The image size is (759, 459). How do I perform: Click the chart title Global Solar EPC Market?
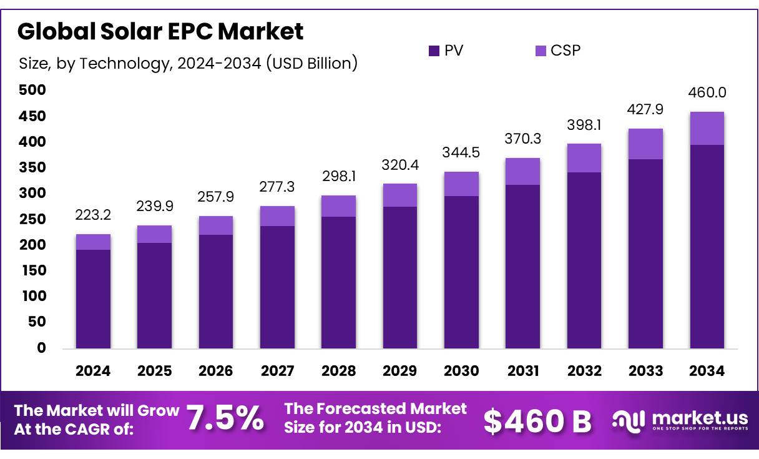pyautogui.click(x=160, y=31)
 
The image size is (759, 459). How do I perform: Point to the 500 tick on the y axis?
pyautogui.click(x=32, y=91)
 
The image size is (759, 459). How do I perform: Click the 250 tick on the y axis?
pyautogui.click(x=32, y=219)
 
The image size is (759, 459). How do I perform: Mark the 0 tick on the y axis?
pyautogui.click(x=41, y=348)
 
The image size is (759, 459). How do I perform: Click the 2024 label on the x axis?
pyautogui.click(x=93, y=371)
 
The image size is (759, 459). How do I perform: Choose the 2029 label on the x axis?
pyautogui.click(x=400, y=371)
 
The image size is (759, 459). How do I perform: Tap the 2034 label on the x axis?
pyautogui.click(x=707, y=371)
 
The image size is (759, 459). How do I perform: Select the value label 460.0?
pyautogui.click(x=707, y=93)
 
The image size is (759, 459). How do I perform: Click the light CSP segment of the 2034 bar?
pyautogui.click(x=707, y=129)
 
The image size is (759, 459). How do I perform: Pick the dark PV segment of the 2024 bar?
pyautogui.click(x=93, y=299)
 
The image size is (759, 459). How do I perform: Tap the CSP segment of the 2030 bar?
pyautogui.click(x=461, y=184)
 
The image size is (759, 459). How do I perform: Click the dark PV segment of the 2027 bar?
pyautogui.click(x=277, y=287)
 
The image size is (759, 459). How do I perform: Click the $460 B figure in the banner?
pyautogui.click(x=537, y=422)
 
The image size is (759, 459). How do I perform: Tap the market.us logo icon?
pyautogui.click(x=628, y=421)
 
